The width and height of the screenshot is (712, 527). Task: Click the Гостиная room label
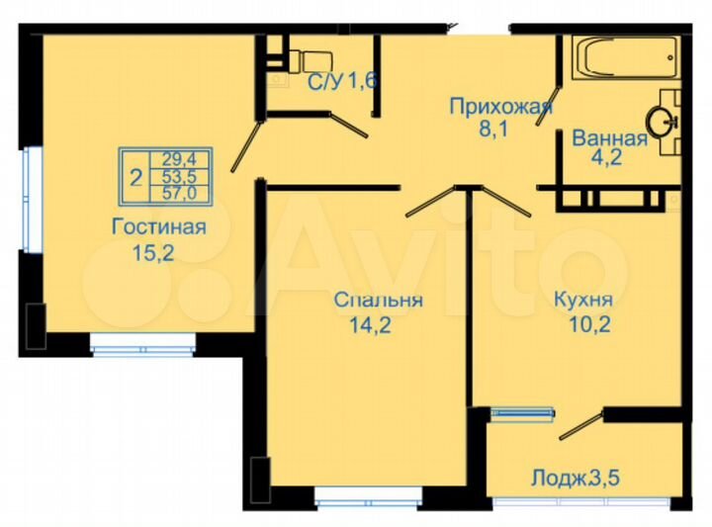pyautogui.click(x=158, y=227)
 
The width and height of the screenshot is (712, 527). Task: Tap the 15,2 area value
pyautogui.click(x=153, y=252)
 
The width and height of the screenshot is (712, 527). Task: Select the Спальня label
pyautogui.click(x=379, y=301)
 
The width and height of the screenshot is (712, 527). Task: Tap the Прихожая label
pyautogui.click(x=499, y=105)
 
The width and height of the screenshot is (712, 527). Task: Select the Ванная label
pyautogui.click(x=609, y=138)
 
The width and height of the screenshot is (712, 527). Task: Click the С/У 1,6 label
pyautogui.click(x=342, y=82)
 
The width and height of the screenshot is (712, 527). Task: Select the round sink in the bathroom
pyautogui.click(x=661, y=122)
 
